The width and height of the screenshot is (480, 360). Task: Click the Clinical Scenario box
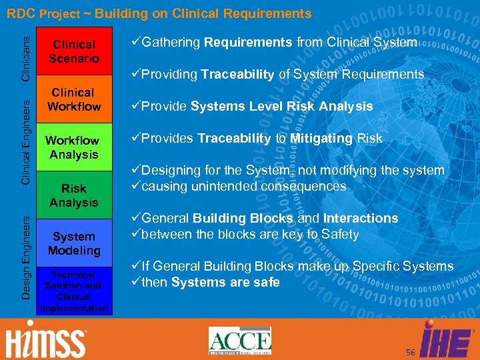click(x=73, y=51)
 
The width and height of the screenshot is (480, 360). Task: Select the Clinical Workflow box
click(x=73, y=99)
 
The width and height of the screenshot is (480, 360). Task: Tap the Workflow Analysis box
click(x=73, y=147)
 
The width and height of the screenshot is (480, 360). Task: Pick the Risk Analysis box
click(x=73, y=195)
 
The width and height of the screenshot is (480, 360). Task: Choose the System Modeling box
click(x=73, y=243)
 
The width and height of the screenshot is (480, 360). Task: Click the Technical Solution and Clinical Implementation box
click(x=73, y=291)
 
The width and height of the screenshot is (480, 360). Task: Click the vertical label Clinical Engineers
click(x=25, y=139)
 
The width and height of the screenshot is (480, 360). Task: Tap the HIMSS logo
click(x=46, y=341)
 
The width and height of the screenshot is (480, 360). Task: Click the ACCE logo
click(x=239, y=341)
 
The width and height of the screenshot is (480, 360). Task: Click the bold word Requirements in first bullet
click(x=248, y=43)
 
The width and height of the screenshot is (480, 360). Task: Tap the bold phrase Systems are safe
click(x=225, y=283)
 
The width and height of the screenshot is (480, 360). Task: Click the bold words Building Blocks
click(x=243, y=219)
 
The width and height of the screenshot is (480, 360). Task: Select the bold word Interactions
click(x=360, y=219)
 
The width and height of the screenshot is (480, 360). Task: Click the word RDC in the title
click(x=21, y=13)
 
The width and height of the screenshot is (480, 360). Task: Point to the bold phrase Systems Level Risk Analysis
click(x=283, y=107)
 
